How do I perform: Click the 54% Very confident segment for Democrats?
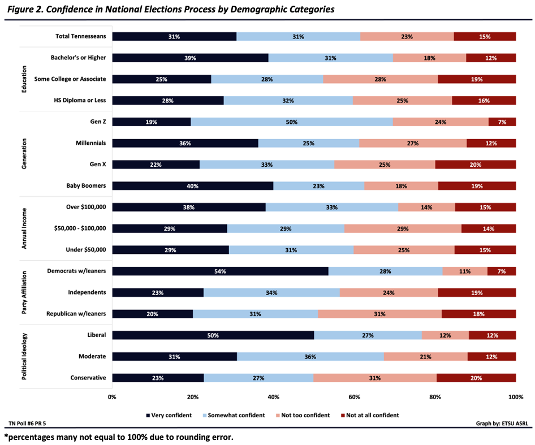pos(220,271)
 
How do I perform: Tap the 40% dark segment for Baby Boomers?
pos(192,185)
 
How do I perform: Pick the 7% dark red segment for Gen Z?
pos(502,122)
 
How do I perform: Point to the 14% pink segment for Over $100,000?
pos(426,208)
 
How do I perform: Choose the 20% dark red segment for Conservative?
pos(476,378)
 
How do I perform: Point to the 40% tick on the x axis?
pos(274,397)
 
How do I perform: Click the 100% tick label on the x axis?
pos(515,397)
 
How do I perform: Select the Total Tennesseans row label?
pos(80,37)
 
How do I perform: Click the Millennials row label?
pos(90,143)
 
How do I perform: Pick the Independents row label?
pos(87,293)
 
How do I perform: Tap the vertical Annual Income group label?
pos(24,228)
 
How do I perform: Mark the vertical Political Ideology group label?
pos(24,356)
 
